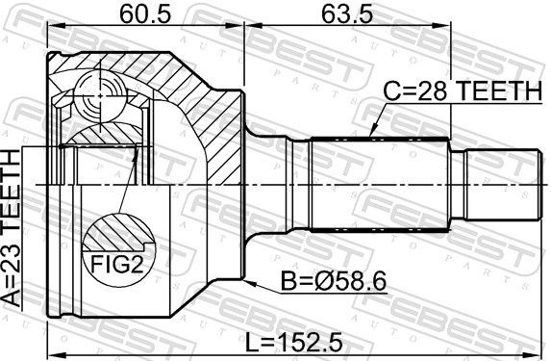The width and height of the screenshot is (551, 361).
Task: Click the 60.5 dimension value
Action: pos(145,14)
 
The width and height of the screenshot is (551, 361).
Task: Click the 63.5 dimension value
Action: pos(346,14)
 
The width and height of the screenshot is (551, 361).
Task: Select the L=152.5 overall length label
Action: pos(294,343)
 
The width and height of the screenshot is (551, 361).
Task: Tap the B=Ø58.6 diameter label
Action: pos(334,281)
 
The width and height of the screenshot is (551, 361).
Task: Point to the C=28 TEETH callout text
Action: pos(463,90)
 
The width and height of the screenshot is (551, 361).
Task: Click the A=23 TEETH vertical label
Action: pos(12,229)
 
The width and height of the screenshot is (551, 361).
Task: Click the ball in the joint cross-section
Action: pos(100,95)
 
